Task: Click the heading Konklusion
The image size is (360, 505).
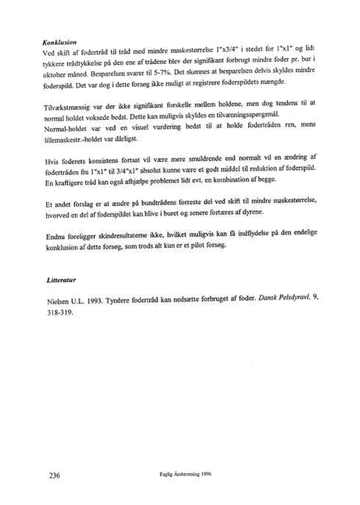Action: pyautogui.click(x=60, y=42)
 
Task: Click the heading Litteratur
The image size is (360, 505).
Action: pyautogui.click(x=61, y=280)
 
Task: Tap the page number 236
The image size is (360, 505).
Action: pyautogui.click(x=54, y=475)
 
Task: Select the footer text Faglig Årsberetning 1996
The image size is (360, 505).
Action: pyautogui.click(x=186, y=474)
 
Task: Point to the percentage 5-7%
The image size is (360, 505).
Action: pyautogui.click(x=158, y=73)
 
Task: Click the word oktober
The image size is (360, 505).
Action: pyautogui.click(x=52, y=75)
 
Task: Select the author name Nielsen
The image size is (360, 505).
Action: pyautogui.click(x=57, y=302)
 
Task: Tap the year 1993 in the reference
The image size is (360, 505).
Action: pyautogui.click(x=95, y=301)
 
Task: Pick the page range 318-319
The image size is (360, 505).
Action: pyautogui.click(x=60, y=312)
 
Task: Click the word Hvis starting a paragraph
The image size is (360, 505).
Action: pyautogui.click(x=51, y=161)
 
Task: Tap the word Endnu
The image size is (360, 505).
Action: pyautogui.click(x=55, y=237)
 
